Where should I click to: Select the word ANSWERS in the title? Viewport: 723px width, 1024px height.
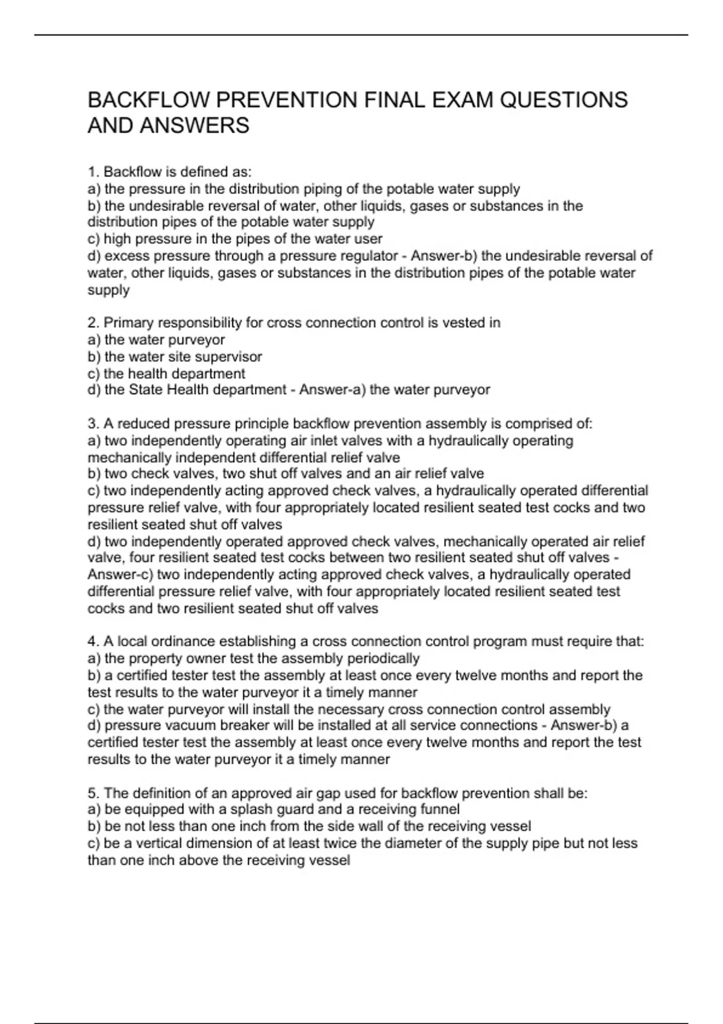pos(195,126)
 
